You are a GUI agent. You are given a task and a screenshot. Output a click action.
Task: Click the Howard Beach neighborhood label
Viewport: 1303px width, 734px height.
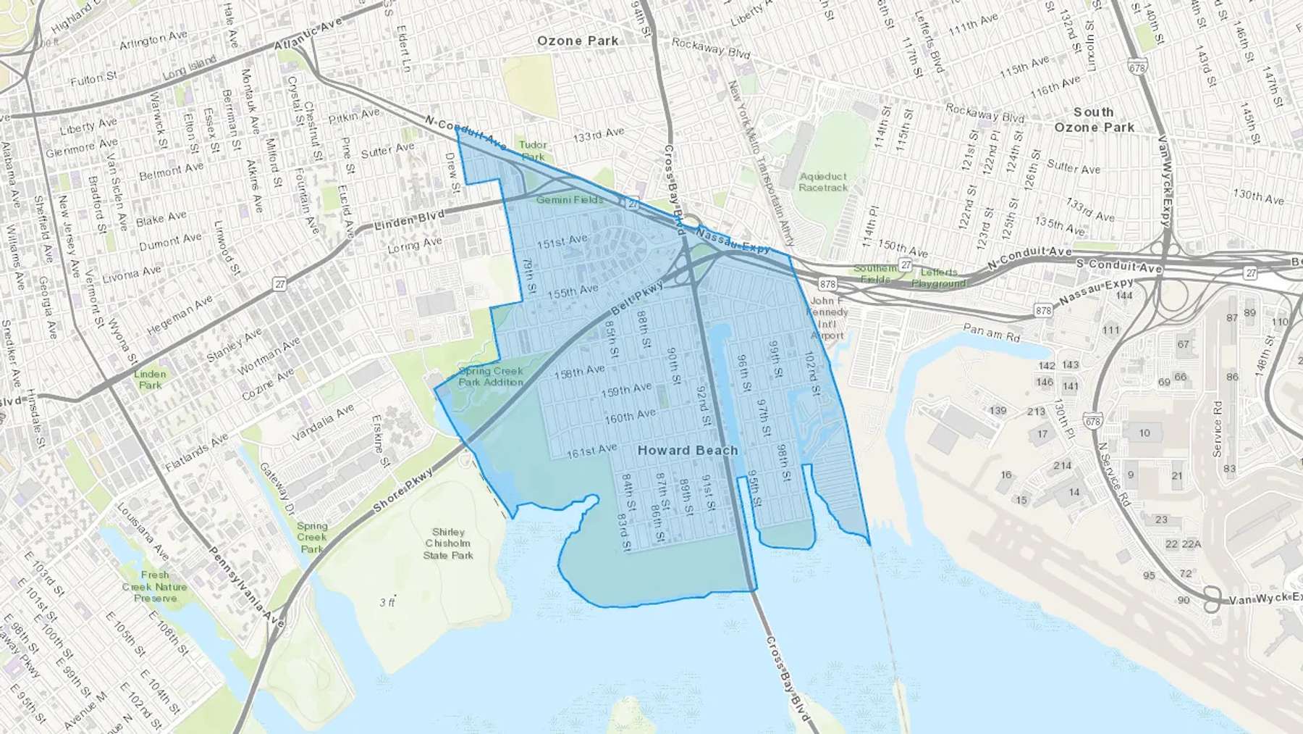point(687,450)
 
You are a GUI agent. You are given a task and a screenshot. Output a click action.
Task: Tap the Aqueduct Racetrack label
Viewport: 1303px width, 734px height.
point(823,182)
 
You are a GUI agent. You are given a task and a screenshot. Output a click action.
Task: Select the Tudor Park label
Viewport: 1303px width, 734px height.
point(533,151)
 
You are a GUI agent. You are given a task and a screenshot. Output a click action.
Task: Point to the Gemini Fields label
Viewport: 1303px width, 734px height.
point(570,199)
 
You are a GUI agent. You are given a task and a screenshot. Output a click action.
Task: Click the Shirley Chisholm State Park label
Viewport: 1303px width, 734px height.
point(448,543)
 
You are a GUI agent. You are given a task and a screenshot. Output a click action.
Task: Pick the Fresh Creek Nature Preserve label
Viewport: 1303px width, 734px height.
point(155,586)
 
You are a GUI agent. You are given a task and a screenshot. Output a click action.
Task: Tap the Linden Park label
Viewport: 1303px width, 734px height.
point(150,380)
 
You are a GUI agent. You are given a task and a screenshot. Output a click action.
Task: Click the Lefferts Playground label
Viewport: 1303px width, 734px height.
point(938,278)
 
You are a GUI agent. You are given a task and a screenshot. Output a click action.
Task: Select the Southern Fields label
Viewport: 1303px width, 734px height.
point(874,273)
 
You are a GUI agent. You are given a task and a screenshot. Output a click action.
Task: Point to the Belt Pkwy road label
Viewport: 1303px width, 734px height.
point(637,298)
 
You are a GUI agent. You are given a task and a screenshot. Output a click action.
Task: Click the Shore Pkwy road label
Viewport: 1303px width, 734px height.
point(403,491)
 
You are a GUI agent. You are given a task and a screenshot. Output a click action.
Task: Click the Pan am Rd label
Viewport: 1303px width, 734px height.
point(991,333)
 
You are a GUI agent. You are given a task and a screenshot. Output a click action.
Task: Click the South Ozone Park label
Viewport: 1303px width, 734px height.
point(1094,120)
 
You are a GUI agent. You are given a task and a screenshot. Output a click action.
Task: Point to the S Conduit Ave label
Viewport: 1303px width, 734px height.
point(1118,265)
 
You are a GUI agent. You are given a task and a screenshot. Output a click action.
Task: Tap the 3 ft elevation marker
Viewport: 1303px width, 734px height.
point(388,602)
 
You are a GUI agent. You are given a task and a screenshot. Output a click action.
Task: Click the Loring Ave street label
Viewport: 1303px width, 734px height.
point(414,246)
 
